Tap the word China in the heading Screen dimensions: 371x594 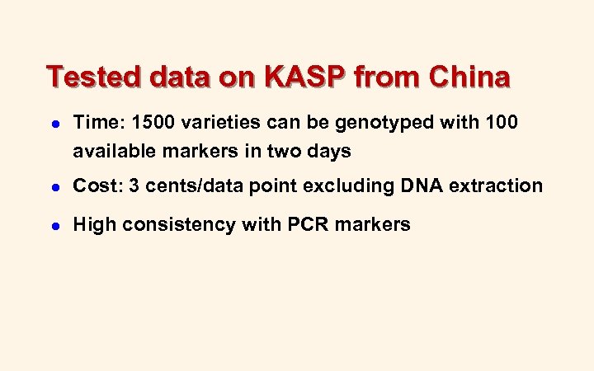(x=470, y=77)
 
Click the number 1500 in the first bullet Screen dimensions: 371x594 (x=145, y=124)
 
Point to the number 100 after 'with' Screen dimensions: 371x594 (x=502, y=124)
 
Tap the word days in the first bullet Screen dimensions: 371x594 (x=331, y=152)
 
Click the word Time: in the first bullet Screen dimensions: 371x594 (x=96, y=124)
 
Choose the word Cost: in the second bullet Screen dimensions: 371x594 (x=95, y=186)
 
